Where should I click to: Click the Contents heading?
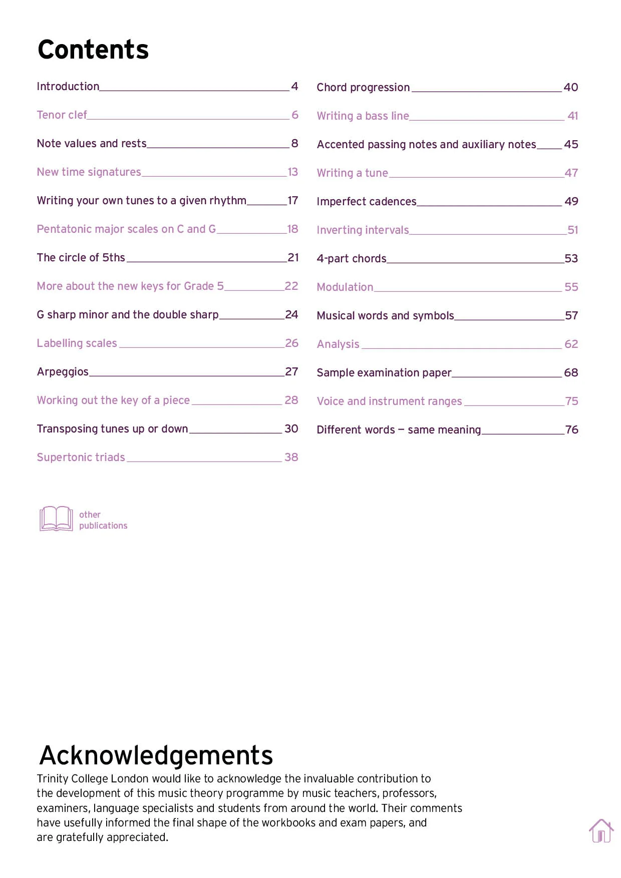93,50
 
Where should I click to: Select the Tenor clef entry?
62,115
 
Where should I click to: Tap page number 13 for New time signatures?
293,172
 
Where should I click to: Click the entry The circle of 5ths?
81,258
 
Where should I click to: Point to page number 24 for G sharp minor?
291,315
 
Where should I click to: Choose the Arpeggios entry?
63,372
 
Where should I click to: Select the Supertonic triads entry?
81,458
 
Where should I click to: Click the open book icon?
56,519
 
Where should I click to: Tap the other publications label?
103,520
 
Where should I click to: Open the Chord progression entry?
363,88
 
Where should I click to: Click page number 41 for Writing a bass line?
572,116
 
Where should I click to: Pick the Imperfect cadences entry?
367,202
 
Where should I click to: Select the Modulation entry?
345,287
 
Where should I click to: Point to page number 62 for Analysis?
571,344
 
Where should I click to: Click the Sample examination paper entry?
384,373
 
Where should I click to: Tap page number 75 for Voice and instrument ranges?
571,401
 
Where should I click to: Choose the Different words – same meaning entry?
399,430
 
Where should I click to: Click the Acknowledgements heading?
156,755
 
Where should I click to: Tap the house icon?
601,831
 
